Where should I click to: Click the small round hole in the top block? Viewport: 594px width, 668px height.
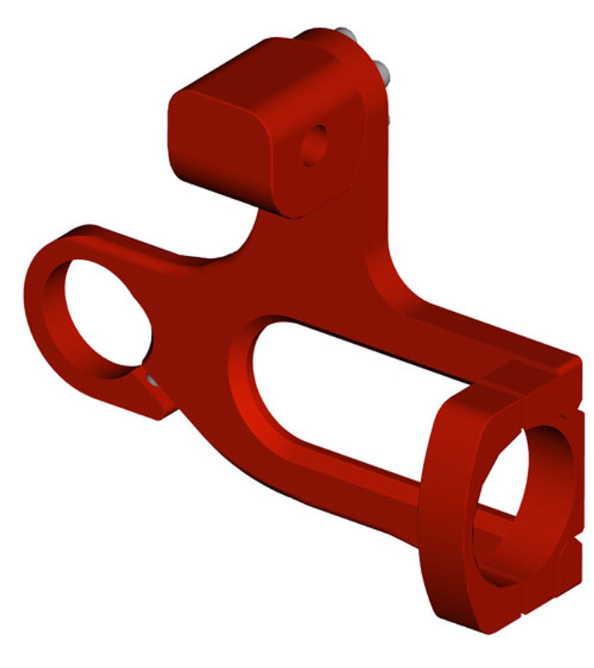coord(313,144)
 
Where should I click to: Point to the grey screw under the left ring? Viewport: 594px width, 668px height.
coord(152,379)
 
